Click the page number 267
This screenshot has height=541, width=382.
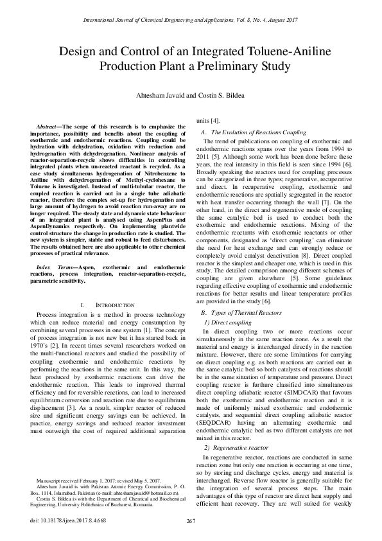tap(190, 520)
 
